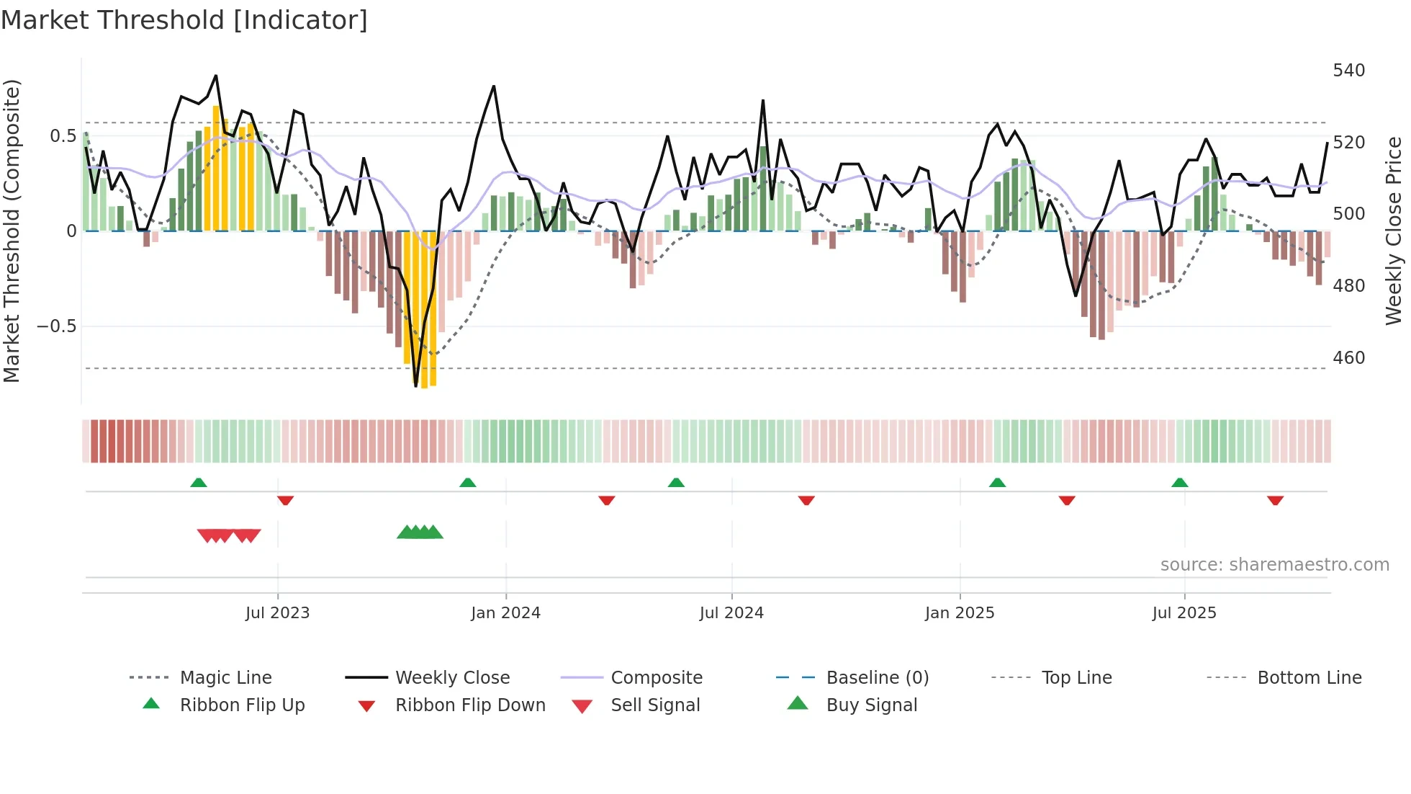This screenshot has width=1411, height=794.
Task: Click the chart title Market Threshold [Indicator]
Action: click(184, 20)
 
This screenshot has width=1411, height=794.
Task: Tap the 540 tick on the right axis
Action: click(1348, 71)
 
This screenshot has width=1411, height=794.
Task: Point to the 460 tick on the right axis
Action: click(1348, 358)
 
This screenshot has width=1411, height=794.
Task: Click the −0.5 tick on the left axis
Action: click(56, 326)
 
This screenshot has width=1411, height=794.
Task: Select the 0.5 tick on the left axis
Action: click(63, 136)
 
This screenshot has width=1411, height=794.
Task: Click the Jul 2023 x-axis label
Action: click(277, 613)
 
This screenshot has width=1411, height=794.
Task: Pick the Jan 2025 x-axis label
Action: click(959, 613)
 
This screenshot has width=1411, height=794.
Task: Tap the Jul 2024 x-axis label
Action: click(731, 613)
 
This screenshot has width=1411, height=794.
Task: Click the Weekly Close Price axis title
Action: click(1394, 231)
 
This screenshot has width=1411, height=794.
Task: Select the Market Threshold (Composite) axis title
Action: click(12, 231)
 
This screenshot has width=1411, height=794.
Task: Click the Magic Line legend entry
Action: click(225, 678)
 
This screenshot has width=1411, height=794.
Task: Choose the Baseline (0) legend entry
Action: click(877, 678)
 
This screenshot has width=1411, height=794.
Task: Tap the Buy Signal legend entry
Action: click(871, 705)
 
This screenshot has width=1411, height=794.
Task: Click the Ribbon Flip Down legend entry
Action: click(469, 705)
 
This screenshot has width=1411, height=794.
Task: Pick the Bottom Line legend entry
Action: click(1309, 678)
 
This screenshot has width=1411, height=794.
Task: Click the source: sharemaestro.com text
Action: click(1274, 565)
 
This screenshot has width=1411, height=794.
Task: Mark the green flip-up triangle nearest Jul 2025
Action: click(1179, 483)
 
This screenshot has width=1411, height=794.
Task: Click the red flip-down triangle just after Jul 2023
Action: click(285, 500)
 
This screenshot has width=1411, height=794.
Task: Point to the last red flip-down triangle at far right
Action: click(1275, 500)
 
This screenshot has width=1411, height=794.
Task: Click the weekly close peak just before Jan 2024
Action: click(494, 86)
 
